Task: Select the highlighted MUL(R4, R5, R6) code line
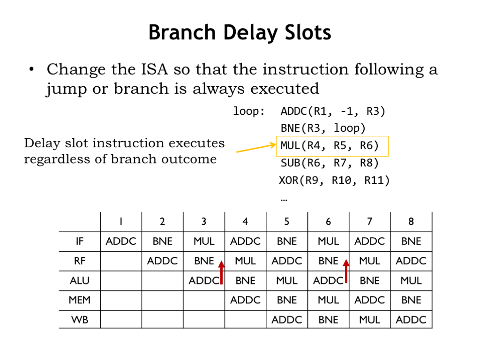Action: [x=330, y=146]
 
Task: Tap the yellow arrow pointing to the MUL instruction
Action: [x=256, y=148]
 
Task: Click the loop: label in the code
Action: [x=249, y=111]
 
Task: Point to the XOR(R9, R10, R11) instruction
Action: [x=334, y=180]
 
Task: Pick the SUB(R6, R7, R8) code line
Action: [x=330, y=163]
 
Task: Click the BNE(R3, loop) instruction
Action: [x=323, y=128]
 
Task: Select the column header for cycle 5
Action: [x=286, y=221]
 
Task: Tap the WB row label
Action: [x=80, y=320]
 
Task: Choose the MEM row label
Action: [x=80, y=300]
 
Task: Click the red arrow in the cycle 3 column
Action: [x=221, y=272]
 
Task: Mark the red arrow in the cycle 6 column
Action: [x=346, y=271]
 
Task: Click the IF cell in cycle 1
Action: [x=121, y=241]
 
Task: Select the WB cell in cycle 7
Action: [x=369, y=320]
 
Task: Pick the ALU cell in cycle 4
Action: [x=245, y=280]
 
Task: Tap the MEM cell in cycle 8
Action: [x=411, y=300]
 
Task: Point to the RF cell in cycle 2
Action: [x=162, y=261]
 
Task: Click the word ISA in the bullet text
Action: [x=154, y=69]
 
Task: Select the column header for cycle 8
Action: [x=411, y=221]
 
